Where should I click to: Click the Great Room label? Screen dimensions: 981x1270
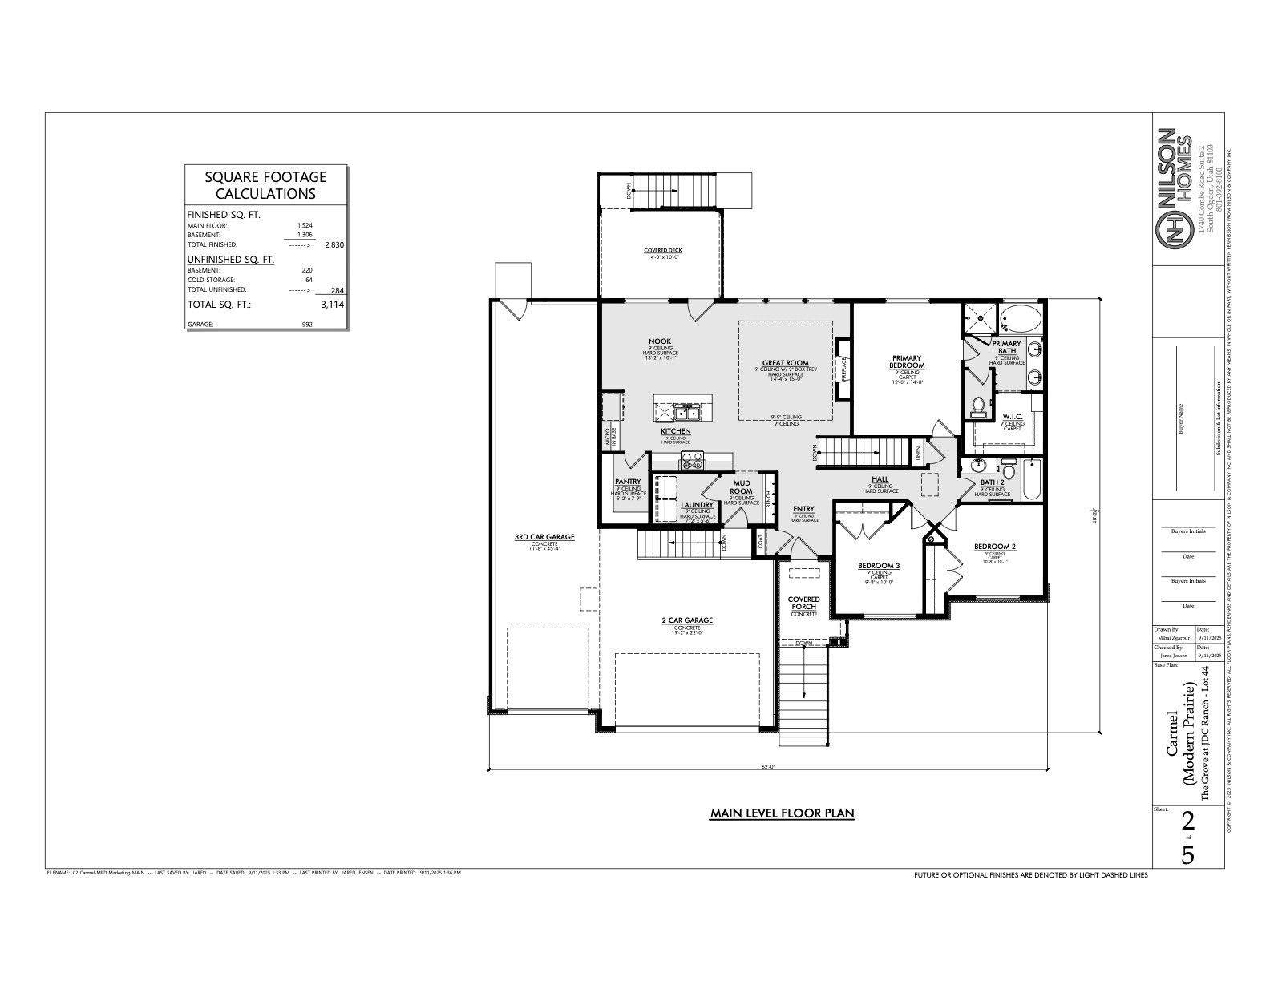[785, 363]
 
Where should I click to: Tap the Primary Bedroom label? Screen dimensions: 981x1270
[907, 361]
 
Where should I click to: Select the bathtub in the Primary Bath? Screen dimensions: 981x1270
[1021, 319]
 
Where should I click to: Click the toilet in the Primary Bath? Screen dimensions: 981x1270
[977, 408]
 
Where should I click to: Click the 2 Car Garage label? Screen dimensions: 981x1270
[687, 620]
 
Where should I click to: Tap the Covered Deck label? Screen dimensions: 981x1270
[662, 251]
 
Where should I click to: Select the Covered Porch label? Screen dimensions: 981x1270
[803, 603]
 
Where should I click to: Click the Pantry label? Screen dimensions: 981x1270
[628, 482]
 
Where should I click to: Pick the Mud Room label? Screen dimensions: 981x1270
[741, 487]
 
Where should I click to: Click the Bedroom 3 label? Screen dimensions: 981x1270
[879, 566]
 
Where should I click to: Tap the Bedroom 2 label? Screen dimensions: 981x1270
[995, 547]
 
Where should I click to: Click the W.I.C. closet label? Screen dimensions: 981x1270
[1012, 417]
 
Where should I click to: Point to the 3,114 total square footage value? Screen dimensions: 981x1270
[332, 305]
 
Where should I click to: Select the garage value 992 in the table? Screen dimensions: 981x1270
[307, 325]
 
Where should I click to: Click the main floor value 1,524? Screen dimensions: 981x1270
[305, 226]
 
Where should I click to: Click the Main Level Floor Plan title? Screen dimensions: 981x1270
[782, 813]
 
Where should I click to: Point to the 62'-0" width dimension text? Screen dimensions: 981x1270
[768, 767]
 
